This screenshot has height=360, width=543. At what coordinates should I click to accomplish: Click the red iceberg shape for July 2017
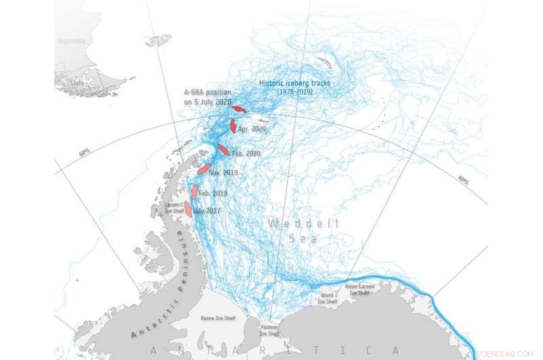pyautogui.click(x=188, y=209)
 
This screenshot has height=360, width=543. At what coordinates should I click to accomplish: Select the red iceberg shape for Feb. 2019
pyautogui.click(x=195, y=192)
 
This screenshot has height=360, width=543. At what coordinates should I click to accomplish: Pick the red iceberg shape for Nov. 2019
pyautogui.click(x=204, y=168)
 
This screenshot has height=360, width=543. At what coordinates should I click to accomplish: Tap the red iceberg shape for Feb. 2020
pyautogui.click(x=223, y=149)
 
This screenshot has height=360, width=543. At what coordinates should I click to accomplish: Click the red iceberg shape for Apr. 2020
pyautogui.click(x=233, y=126)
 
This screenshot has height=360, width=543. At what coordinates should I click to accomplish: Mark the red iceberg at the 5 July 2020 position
pyautogui.click(x=239, y=109)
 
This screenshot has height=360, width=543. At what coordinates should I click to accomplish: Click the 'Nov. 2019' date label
pyautogui.click(x=223, y=173)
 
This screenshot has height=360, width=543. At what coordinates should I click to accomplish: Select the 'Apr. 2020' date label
pyautogui.click(x=252, y=128)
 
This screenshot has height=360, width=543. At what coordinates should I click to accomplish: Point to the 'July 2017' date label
pyautogui.click(x=206, y=211)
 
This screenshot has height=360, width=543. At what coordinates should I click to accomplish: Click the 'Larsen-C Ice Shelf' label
pyautogui.click(x=174, y=207)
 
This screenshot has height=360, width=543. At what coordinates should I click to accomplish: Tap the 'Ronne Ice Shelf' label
pyautogui.click(x=217, y=317)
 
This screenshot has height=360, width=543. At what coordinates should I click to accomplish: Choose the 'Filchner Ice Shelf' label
pyautogui.click(x=269, y=330)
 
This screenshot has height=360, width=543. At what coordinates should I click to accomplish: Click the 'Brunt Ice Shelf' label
pyautogui.click(x=327, y=298)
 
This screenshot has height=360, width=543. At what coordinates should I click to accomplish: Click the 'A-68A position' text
pyautogui.click(x=207, y=92)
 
